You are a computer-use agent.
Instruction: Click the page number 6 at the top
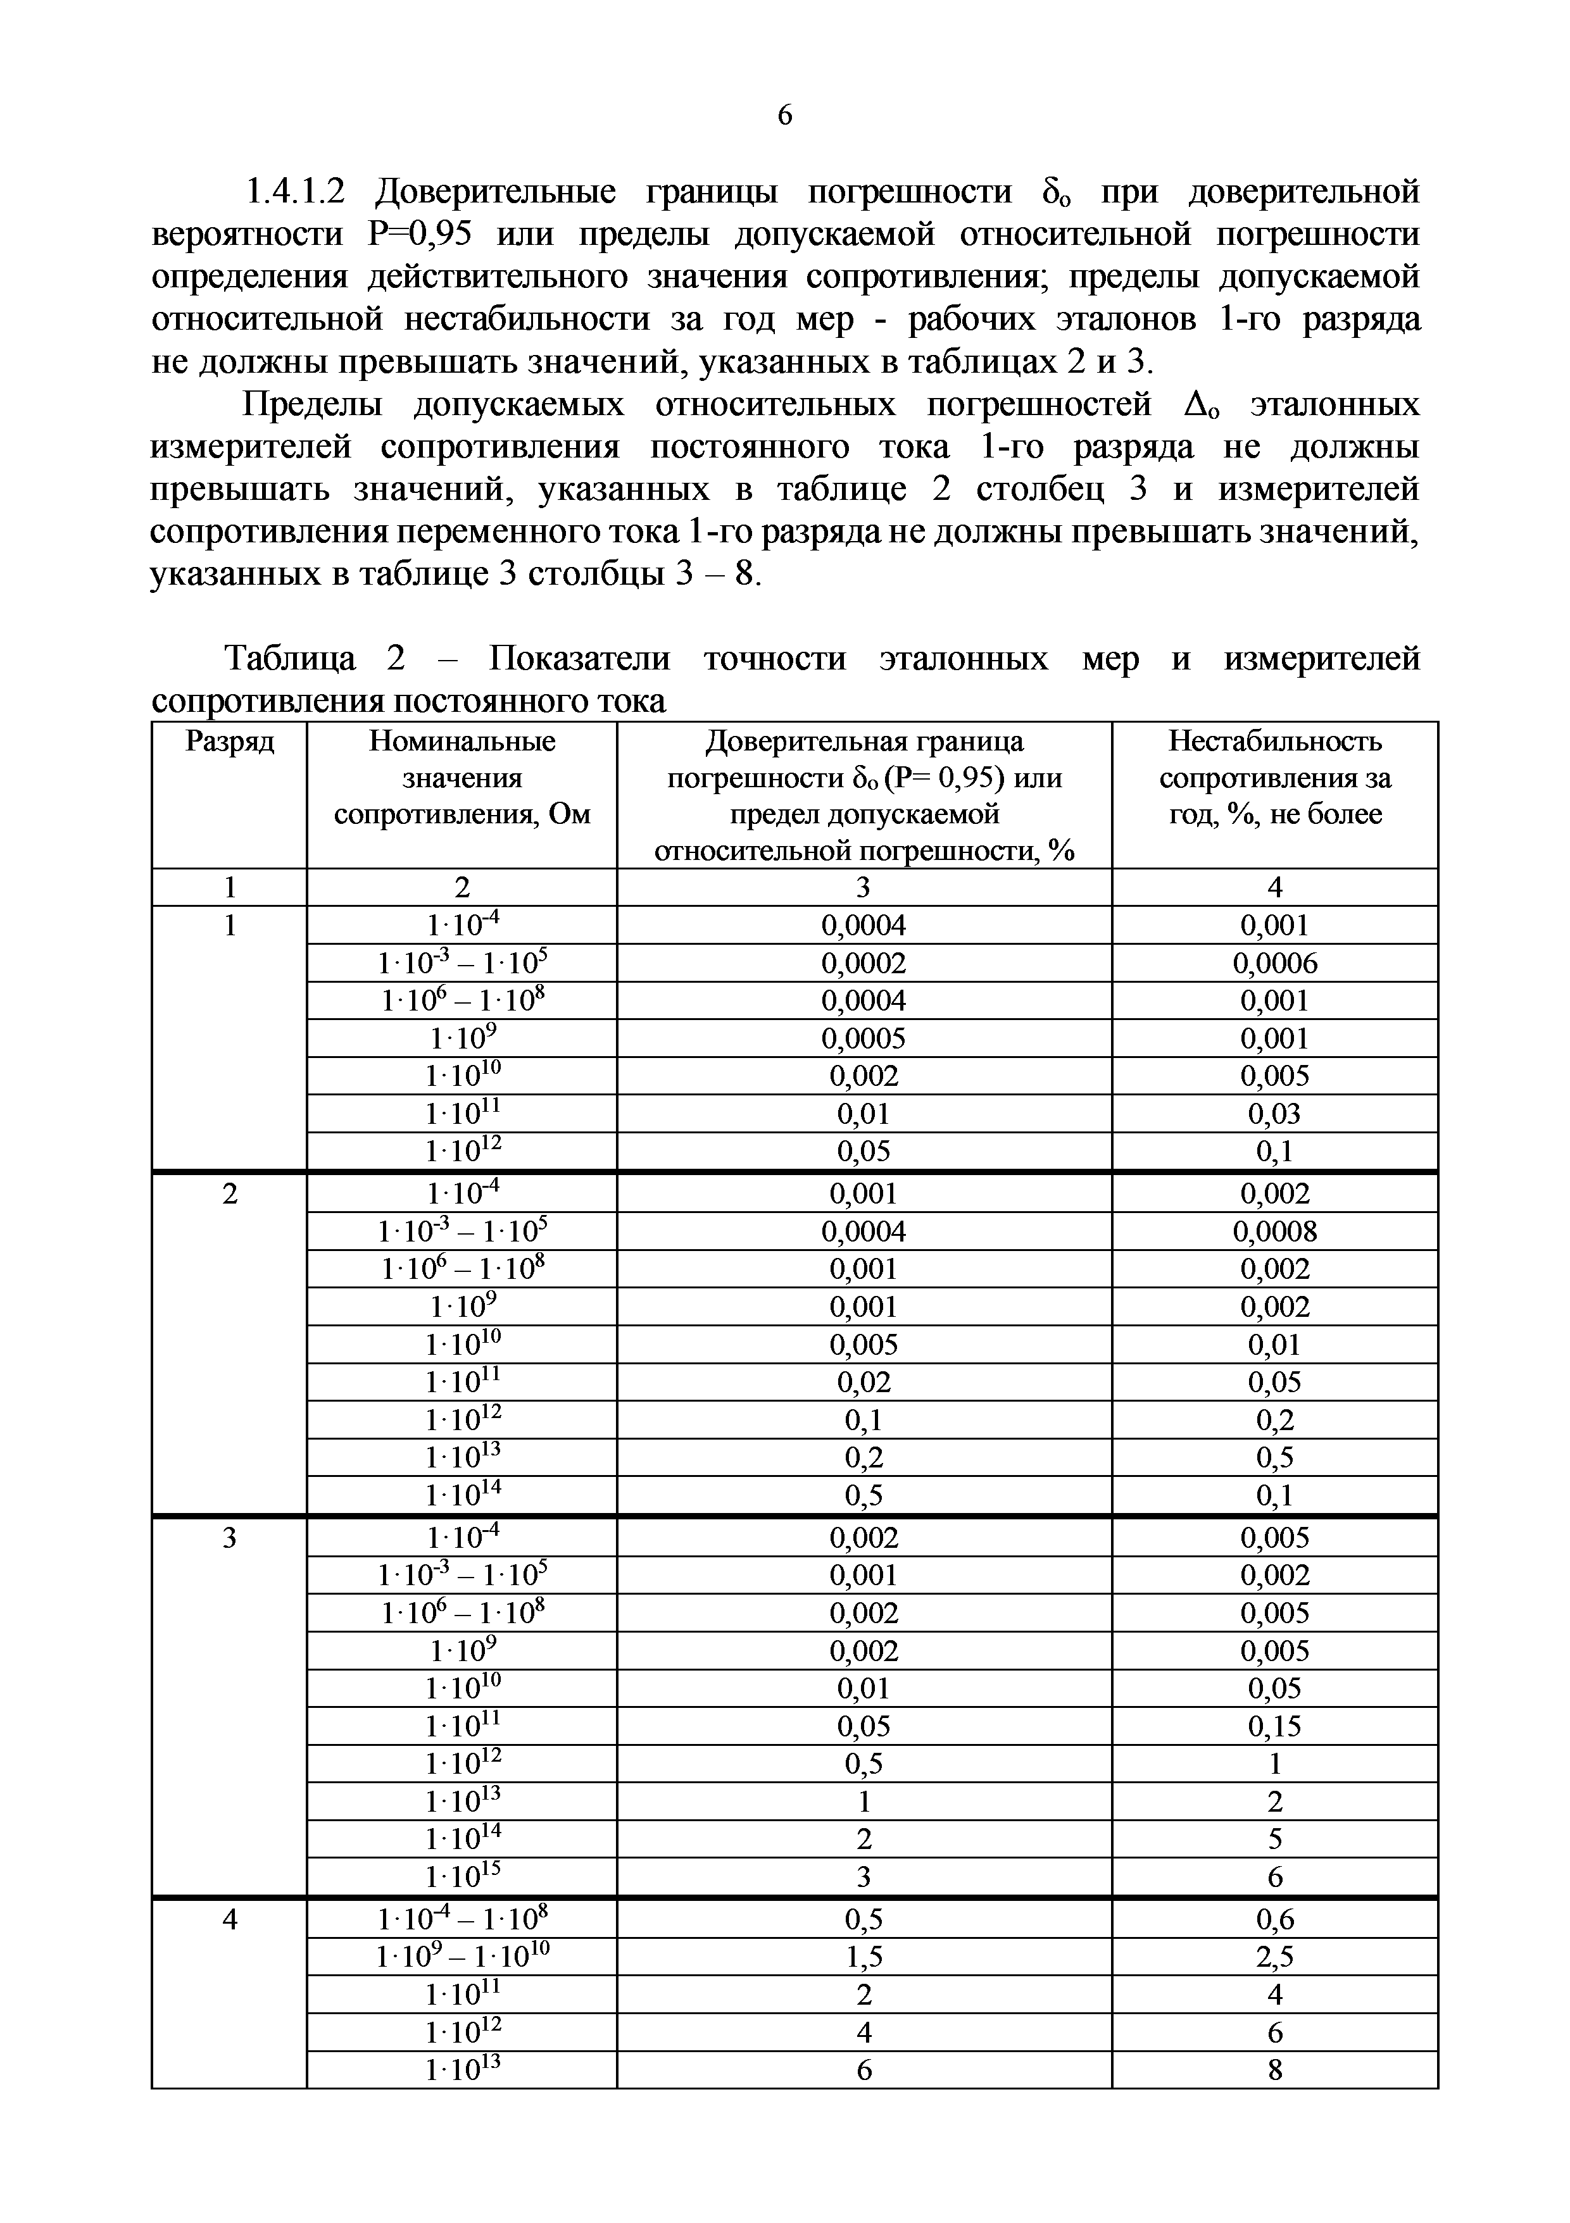(x=784, y=115)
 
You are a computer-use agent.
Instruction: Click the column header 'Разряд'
(x=230, y=742)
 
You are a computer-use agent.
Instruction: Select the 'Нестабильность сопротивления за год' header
(x=1274, y=778)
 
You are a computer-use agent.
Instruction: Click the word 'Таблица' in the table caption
(x=291, y=658)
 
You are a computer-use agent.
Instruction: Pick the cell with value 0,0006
(x=1274, y=962)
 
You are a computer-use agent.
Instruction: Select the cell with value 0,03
(x=1274, y=1114)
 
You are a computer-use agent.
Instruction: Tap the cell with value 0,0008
(x=1274, y=1231)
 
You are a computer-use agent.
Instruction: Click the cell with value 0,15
(x=1274, y=1726)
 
